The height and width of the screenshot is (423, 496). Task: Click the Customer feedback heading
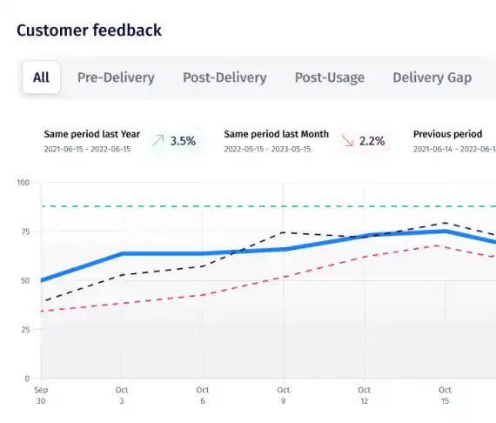(x=89, y=30)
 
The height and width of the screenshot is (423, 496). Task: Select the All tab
(x=41, y=77)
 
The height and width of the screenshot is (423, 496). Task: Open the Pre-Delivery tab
(x=116, y=77)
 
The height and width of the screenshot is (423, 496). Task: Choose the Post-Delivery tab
(x=225, y=77)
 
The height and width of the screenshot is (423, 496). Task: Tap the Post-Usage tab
(x=329, y=77)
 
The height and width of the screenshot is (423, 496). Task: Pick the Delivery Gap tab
(x=432, y=77)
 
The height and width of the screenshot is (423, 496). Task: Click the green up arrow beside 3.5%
(x=158, y=140)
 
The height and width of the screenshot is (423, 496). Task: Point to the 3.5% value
(x=183, y=140)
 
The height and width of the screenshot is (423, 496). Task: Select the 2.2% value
(x=372, y=140)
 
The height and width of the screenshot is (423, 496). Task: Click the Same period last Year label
(x=91, y=134)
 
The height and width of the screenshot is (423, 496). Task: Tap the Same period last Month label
(x=276, y=134)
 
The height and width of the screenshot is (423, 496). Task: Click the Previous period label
(x=447, y=134)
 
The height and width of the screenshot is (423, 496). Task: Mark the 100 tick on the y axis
(x=23, y=183)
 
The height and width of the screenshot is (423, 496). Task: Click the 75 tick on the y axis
(x=24, y=232)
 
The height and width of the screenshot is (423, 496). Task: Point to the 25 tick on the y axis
(x=24, y=330)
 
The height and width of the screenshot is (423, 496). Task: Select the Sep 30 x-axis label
(x=40, y=395)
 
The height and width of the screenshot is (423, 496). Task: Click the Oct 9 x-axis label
(x=283, y=395)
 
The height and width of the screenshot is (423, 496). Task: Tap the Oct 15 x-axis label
(x=445, y=395)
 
